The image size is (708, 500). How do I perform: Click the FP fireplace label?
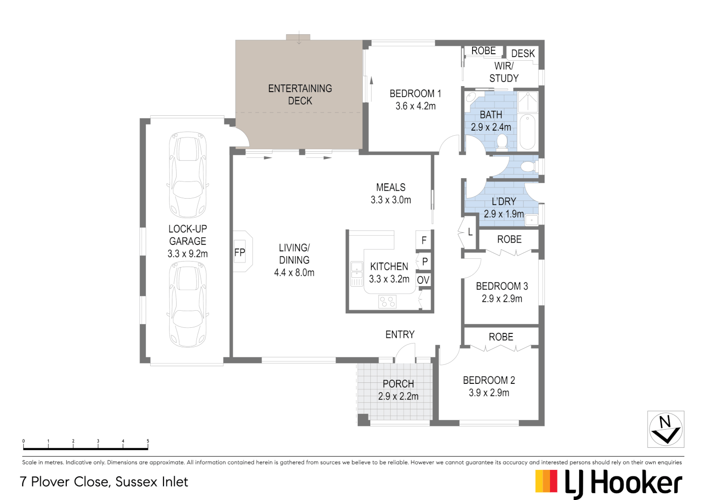coord(240,252)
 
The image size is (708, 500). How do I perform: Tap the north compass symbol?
coord(665,429)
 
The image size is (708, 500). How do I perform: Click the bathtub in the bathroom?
coord(527,131)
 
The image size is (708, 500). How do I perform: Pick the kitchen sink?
coord(357,274)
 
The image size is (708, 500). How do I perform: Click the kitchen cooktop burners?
coord(387,302)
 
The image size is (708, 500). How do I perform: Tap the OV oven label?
coord(423,280)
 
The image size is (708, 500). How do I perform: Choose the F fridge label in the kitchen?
coord(424,240)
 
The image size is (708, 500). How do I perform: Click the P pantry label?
coord(425,262)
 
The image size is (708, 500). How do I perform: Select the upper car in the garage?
coord(188,175)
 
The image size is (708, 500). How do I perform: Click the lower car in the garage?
coord(188,304)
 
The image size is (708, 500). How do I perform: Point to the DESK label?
coord(523,54)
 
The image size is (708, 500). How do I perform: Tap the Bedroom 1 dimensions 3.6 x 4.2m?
coord(416,106)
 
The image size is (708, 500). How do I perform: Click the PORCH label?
coord(398,384)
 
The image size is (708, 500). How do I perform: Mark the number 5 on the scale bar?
coord(148,441)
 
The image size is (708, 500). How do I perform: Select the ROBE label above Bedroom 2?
coord(501,337)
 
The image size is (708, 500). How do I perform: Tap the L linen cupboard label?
coord(470,232)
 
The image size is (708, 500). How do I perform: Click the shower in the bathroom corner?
coord(527,102)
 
